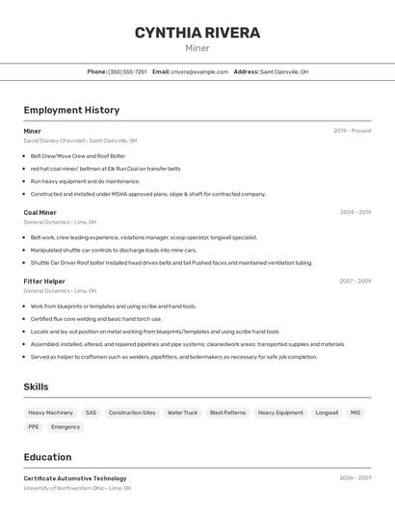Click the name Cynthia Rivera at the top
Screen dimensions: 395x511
[x=197, y=33]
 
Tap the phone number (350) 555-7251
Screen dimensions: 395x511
[x=127, y=71]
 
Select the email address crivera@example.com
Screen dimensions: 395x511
[x=199, y=71]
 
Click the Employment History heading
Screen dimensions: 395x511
[x=71, y=110]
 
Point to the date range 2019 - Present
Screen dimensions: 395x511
[x=353, y=130]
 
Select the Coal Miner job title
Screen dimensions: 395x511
[x=39, y=212]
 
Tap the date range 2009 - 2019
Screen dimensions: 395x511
[x=355, y=212]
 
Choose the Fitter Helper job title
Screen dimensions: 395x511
[x=44, y=281]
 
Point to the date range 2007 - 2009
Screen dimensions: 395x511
[x=355, y=281]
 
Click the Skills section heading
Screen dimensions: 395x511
[x=37, y=387]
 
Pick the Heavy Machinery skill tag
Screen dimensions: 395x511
[x=51, y=413]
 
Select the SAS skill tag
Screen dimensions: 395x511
[x=91, y=413]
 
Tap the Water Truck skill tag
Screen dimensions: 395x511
[x=182, y=413]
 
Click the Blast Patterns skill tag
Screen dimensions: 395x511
[x=227, y=413]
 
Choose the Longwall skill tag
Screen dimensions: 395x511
[x=327, y=413]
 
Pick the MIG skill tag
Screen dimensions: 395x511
[x=355, y=413]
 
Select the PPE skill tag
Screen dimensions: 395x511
[x=34, y=426]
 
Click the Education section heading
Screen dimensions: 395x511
[x=47, y=457]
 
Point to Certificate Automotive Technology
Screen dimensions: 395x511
[x=75, y=478]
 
